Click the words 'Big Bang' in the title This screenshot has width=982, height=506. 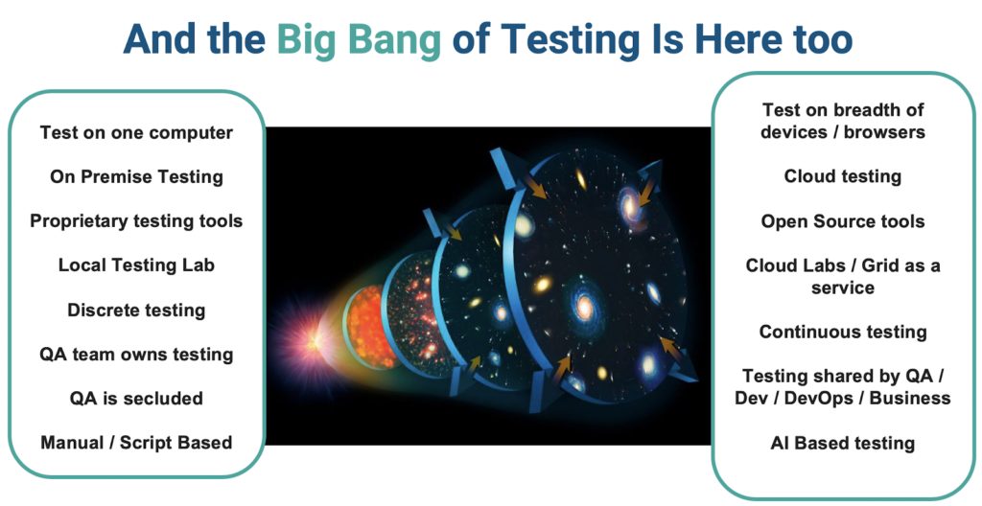(x=359, y=38)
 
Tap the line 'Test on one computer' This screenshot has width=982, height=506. (x=136, y=132)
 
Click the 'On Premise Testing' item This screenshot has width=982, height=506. (x=136, y=176)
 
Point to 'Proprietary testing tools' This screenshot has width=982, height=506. (x=136, y=221)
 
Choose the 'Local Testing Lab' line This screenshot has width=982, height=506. (x=136, y=265)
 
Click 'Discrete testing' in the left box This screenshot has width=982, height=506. (x=136, y=310)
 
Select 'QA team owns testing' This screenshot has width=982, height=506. (x=136, y=354)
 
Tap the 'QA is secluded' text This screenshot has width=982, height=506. (x=136, y=398)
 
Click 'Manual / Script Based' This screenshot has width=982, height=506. (x=136, y=442)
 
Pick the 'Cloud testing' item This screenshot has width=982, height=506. (x=842, y=176)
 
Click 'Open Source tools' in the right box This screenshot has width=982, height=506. (x=842, y=221)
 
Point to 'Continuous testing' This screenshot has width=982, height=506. (x=842, y=332)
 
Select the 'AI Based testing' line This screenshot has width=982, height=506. (x=842, y=443)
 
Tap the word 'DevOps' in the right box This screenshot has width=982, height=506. (x=824, y=398)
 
